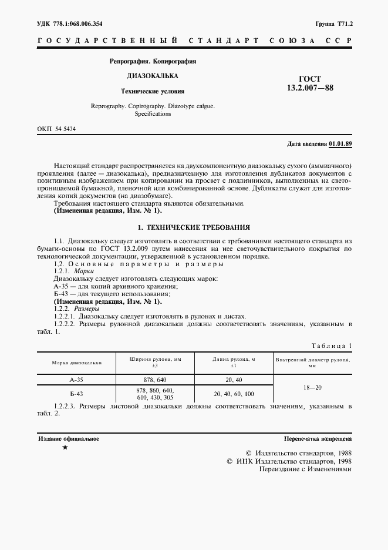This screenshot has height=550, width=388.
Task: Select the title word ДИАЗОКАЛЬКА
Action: [153, 76]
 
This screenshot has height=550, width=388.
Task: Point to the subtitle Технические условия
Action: [153, 92]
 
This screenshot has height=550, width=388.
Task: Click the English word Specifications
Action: [153, 114]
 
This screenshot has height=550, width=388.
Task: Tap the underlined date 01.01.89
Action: [341, 143]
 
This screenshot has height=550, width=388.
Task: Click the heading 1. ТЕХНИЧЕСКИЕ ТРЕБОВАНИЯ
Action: [194, 227]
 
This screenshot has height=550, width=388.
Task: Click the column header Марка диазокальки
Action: [77, 363]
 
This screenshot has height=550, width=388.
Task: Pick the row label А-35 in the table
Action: [77, 380]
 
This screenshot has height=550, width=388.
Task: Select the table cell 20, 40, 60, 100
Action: [234, 394]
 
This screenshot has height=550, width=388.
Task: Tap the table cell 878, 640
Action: [155, 380]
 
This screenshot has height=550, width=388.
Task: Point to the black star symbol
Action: [65, 448]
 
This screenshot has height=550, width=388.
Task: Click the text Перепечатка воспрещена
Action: [317, 439]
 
